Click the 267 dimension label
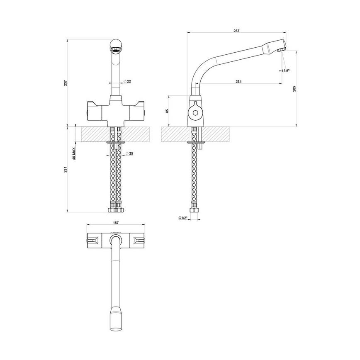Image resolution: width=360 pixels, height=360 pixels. [x=237, y=31]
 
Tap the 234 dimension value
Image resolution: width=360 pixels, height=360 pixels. [x=238, y=82]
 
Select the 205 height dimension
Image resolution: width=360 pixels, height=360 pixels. [x=294, y=89]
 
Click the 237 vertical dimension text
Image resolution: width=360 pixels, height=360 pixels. [x=65, y=83]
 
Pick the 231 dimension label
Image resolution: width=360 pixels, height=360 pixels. [x=65, y=170]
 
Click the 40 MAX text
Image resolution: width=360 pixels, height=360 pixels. [x=74, y=153]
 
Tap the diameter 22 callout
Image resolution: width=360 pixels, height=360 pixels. [x=128, y=81]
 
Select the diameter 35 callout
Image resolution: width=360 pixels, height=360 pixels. [x=130, y=154]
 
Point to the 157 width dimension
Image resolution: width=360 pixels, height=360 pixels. [x=116, y=223]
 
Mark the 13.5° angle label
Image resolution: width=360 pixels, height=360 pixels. [x=285, y=71]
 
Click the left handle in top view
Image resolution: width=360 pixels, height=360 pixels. [x=94, y=240]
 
